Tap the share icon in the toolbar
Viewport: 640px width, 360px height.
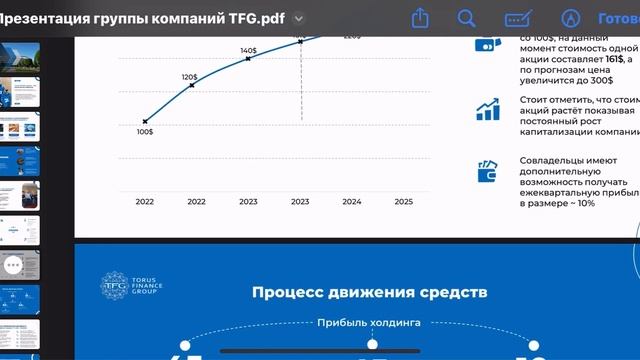tap(421, 18)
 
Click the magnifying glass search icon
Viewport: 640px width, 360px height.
tap(467, 18)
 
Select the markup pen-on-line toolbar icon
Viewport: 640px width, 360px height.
tap(518, 18)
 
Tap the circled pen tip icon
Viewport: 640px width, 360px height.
tap(571, 18)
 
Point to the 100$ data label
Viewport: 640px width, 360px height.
tap(145, 131)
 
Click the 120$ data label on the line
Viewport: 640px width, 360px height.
tap(189, 77)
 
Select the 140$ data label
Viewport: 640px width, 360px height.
tap(248, 50)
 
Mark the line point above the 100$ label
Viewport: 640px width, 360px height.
tap(145, 121)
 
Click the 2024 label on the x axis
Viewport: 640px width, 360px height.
tap(352, 201)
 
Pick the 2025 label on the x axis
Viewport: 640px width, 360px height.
tap(403, 201)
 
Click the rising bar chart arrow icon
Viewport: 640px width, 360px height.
tap(488, 109)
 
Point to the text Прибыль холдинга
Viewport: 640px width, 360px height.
tap(369, 322)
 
